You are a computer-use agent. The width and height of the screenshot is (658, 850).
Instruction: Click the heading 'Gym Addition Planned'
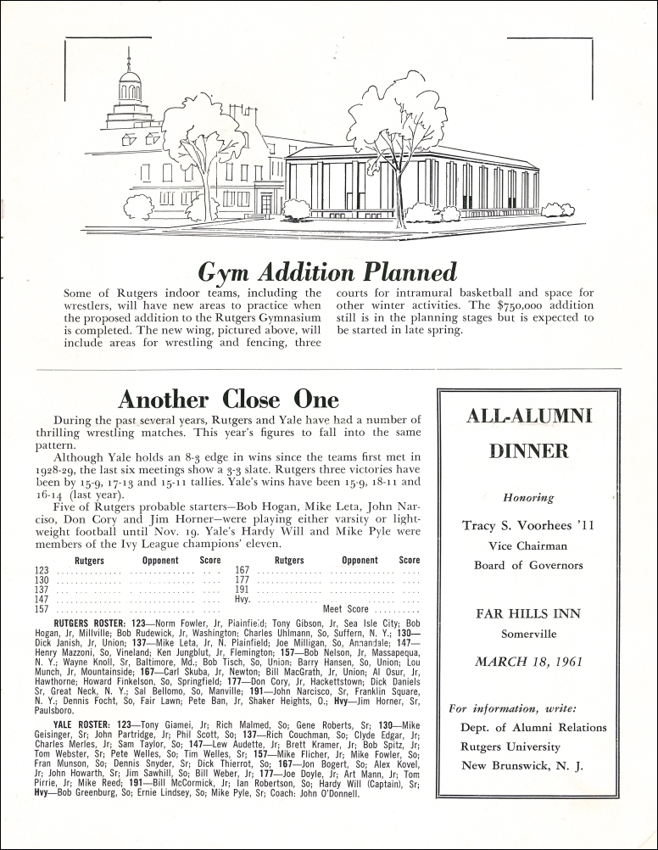coord(327,271)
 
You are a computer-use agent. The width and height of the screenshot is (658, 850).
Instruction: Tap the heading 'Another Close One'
coord(228,399)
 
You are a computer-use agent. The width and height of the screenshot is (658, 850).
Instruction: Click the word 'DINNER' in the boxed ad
coord(529,451)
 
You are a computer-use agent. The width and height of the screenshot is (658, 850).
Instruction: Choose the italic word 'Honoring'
coord(528,498)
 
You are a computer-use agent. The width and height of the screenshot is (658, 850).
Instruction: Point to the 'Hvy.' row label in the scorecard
coord(243,599)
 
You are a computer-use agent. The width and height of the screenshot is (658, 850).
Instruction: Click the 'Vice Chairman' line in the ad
coord(529,546)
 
